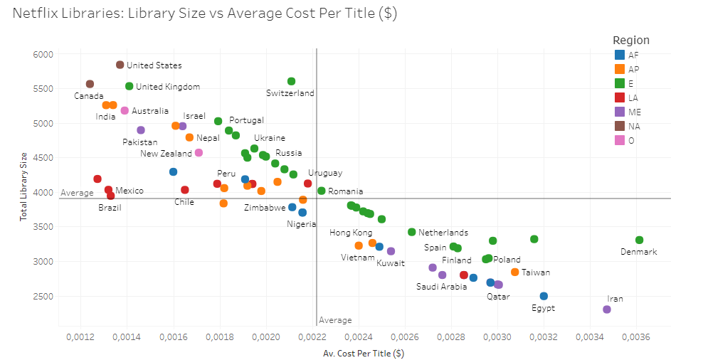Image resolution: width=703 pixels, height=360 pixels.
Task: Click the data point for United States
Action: [x=120, y=65]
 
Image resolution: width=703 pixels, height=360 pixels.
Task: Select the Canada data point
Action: [x=90, y=84]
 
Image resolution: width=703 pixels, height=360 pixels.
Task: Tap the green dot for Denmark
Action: [x=639, y=240]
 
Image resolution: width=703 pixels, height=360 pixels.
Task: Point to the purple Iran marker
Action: [x=607, y=309]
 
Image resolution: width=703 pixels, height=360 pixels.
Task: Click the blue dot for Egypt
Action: [x=544, y=296]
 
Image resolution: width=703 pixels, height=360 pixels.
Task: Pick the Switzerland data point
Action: [x=291, y=81]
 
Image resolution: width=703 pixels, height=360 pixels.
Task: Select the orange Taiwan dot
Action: [x=515, y=272]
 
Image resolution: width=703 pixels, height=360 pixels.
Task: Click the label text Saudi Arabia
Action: [x=441, y=287]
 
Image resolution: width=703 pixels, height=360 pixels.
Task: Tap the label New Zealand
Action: [x=166, y=153]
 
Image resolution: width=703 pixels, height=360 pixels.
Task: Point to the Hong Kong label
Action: [x=351, y=233]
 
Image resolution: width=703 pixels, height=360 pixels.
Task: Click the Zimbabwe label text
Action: [x=265, y=208]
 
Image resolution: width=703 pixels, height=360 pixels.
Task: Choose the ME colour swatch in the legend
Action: [x=620, y=112]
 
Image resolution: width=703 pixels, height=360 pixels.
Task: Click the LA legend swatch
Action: [x=620, y=97]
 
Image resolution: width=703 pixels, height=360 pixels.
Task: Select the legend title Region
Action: [x=630, y=41]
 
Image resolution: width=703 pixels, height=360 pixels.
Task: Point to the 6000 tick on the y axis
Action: [x=43, y=54]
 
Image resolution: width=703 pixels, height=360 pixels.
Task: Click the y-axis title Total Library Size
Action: [x=23, y=186]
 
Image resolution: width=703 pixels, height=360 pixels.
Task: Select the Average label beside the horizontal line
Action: [x=77, y=193]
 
